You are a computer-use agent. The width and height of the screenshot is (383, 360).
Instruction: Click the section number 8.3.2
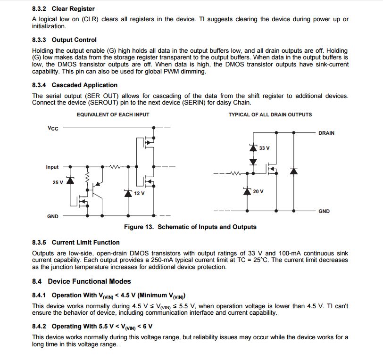coord(40,8)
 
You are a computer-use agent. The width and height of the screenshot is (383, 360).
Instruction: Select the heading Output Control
coord(74,40)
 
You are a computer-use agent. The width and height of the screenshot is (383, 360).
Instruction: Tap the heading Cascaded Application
coord(84,85)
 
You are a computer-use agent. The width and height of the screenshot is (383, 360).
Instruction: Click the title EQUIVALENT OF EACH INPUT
coord(113,115)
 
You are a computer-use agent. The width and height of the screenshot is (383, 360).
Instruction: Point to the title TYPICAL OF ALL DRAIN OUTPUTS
coord(270,115)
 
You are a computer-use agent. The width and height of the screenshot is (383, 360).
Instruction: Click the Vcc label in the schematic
coord(53,128)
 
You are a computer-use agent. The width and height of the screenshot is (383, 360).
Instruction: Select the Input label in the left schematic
coord(52,167)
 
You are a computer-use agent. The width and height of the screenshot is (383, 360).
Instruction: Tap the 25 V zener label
coord(58,182)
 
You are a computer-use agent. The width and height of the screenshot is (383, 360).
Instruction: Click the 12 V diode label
coord(139,193)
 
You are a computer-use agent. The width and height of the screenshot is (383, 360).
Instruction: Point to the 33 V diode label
coord(264,148)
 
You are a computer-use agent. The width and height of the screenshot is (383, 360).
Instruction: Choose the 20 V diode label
coord(258,191)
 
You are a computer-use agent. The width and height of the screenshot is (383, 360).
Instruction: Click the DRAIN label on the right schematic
coord(326,133)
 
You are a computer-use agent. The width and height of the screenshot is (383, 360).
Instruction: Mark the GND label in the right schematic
coord(324,211)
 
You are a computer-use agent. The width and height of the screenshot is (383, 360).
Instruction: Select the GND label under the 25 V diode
coord(53,216)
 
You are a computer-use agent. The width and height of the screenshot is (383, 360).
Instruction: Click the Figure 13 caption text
coord(190,227)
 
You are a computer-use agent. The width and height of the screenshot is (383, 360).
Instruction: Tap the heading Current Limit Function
coord(85,242)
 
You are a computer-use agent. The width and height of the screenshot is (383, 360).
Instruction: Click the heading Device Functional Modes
coord(89,281)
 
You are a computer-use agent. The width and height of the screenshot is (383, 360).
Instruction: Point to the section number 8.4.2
coord(40,326)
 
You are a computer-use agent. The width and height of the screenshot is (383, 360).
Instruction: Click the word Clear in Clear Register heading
coord(60,8)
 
